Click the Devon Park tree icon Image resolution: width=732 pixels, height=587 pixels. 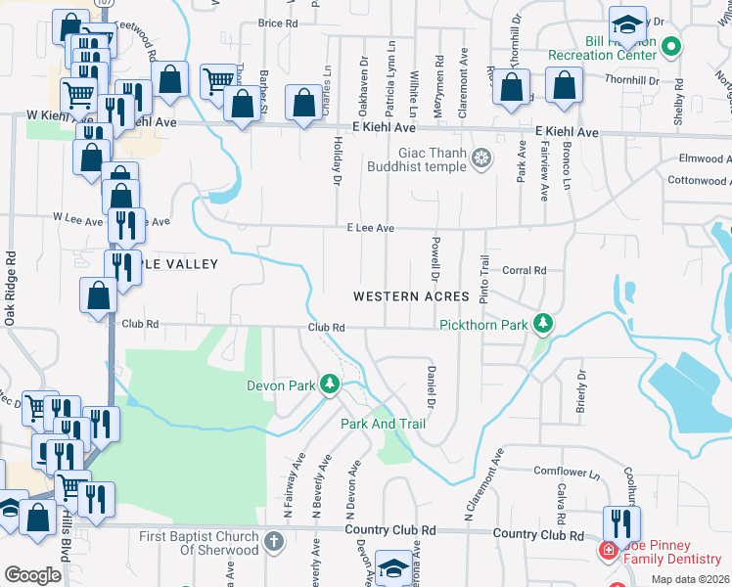(331, 384)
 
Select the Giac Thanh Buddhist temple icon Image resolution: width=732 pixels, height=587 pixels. (481, 158)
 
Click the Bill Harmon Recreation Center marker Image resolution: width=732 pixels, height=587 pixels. (670, 46)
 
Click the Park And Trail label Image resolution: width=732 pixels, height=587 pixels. (383, 424)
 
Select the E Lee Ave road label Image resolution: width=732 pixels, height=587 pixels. (370, 228)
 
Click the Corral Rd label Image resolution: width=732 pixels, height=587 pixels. (524, 270)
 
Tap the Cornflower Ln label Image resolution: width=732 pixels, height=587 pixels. (567, 472)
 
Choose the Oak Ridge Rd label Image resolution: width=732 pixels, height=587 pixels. (11, 289)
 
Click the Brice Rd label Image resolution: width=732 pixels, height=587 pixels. (278, 23)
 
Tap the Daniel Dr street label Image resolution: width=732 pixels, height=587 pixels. (430, 386)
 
